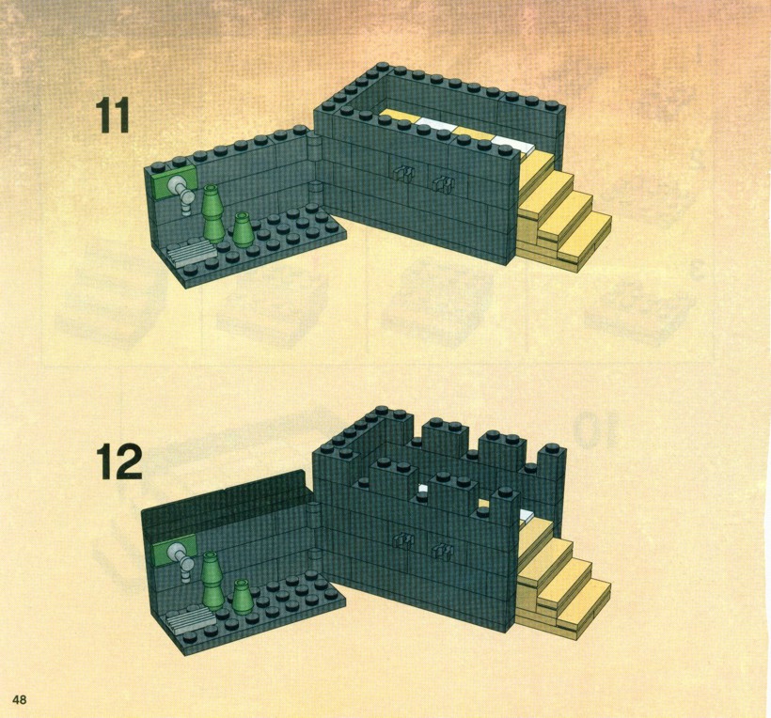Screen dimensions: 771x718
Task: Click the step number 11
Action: (113, 115)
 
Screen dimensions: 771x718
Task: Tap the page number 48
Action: (20, 699)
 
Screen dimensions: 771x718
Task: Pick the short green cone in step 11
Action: (243, 230)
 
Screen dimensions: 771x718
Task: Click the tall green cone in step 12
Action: (212, 581)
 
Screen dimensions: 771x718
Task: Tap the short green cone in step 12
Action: (243, 597)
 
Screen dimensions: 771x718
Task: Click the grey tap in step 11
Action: (180, 195)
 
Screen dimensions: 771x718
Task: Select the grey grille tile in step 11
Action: (191, 253)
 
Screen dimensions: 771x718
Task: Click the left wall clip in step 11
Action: (402, 173)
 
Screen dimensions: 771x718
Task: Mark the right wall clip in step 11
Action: (444, 184)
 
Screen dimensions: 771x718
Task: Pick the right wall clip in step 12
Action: (444, 552)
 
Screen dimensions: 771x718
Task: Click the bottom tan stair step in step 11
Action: (584, 240)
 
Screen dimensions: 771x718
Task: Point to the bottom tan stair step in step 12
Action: (584, 607)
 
